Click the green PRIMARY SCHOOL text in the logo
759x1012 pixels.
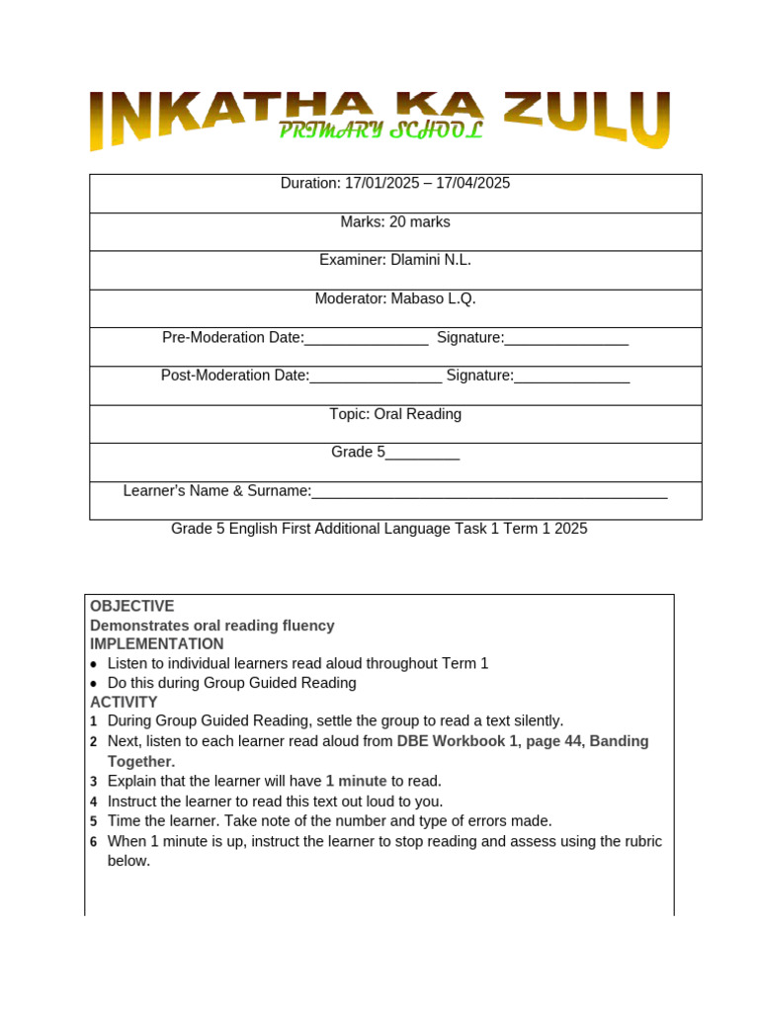click(x=379, y=131)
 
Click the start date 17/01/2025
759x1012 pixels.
click(x=379, y=183)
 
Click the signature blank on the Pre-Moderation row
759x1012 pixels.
click(x=566, y=339)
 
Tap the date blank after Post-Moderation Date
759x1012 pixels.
click(x=376, y=378)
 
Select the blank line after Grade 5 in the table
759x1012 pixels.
click(x=422, y=455)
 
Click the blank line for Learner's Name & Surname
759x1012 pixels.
click(x=489, y=493)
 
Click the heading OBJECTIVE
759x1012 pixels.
click(x=131, y=606)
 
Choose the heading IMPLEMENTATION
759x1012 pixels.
click(x=157, y=644)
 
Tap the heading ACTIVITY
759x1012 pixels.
click(x=124, y=702)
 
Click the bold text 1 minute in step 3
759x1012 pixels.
click(x=356, y=781)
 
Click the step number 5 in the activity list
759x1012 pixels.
click(x=94, y=821)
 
